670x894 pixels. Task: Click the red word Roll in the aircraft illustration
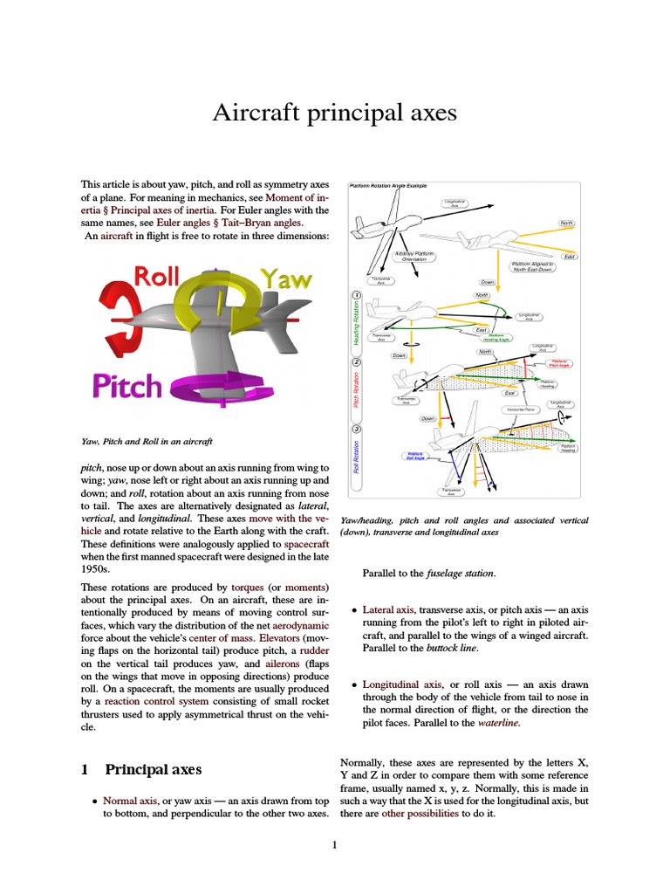coord(156,279)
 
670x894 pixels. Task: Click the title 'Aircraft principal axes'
coord(335,112)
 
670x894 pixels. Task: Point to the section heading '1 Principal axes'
coord(141,769)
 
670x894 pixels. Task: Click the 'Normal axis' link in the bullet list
coord(130,800)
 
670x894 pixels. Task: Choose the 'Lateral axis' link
coord(388,609)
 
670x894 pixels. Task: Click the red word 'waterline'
coord(498,723)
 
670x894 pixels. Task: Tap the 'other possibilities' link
coord(420,813)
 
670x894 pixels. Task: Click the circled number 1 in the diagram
coord(357,295)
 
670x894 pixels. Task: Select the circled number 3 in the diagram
coord(357,429)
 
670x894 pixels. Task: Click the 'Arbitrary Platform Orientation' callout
coord(415,257)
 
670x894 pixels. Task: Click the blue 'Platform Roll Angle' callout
coord(415,455)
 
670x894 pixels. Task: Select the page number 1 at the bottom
coord(334,844)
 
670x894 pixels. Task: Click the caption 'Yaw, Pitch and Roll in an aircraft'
coord(147,441)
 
